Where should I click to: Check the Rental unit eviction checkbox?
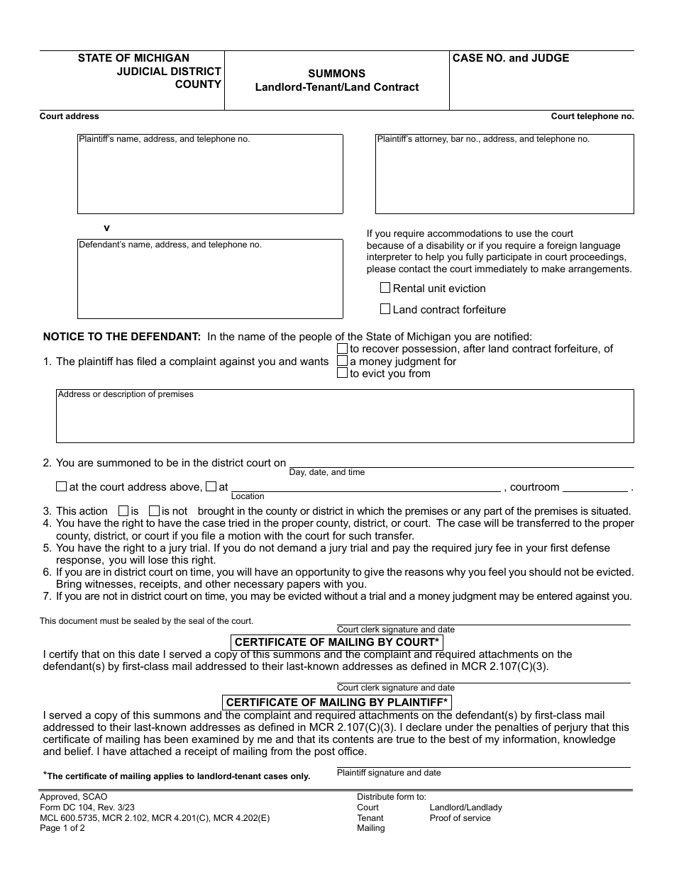pyautogui.click(x=385, y=288)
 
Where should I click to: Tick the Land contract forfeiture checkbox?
pyautogui.click(x=385, y=309)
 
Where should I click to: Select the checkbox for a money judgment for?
pyautogui.click(x=343, y=361)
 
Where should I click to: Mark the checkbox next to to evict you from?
pyautogui.click(x=343, y=374)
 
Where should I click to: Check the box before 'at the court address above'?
pyautogui.click(x=62, y=487)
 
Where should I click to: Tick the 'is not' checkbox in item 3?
pyautogui.click(x=154, y=510)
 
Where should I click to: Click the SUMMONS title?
pyautogui.click(x=337, y=74)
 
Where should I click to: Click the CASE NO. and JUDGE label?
pyautogui.click(x=511, y=58)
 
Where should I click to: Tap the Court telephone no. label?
pyautogui.click(x=592, y=116)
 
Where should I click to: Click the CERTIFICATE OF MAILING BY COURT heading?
pyautogui.click(x=337, y=642)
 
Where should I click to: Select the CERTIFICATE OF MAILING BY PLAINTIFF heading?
pyautogui.click(x=337, y=703)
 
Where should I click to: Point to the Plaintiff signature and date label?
pyautogui.click(x=389, y=773)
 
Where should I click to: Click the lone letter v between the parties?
pyautogui.click(x=107, y=228)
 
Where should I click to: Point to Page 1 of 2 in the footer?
pyautogui.click(x=62, y=828)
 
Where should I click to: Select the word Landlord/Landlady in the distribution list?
pyautogui.click(x=465, y=807)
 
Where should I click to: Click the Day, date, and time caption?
pyautogui.click(x=327, y=472)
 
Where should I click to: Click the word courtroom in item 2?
pyautogui.click(x=535, y=487)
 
